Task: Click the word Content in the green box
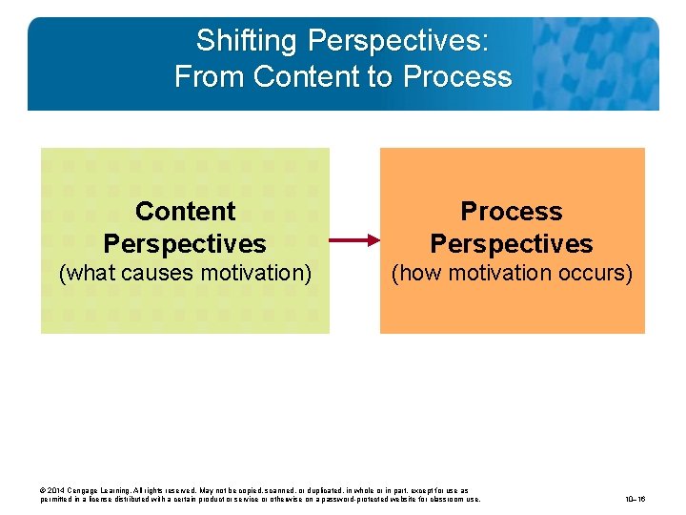[185, 211]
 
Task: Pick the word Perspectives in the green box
[185, 243]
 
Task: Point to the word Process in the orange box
[512, 211]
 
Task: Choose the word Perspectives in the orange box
[512, 243]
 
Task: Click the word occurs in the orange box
[595, 273]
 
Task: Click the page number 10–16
[636, 499]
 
